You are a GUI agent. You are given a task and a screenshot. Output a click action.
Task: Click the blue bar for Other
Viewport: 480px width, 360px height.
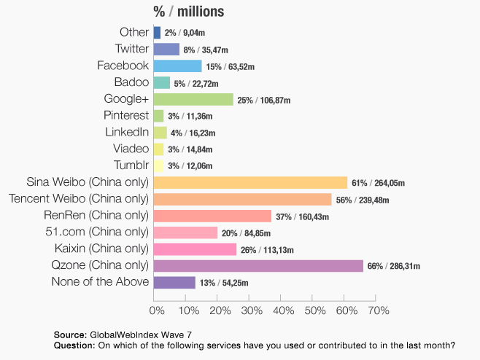(157, 33)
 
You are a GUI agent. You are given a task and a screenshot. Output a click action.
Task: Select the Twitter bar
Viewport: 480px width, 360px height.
(166, 50)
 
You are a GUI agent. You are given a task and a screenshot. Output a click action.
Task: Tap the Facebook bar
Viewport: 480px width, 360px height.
(177, 66)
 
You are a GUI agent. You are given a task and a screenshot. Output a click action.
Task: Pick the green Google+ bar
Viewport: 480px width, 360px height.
(193, 99)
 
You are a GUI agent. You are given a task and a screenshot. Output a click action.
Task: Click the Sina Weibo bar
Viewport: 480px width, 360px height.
(250, 182)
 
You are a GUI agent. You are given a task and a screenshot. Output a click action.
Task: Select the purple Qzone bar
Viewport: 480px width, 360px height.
(258, 265)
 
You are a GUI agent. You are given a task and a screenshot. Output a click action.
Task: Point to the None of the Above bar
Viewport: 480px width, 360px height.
(174, 282)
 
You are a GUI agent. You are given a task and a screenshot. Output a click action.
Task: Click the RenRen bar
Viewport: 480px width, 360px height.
(212, 216)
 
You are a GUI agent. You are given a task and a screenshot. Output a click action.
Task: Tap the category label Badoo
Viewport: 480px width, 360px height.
(131, 82)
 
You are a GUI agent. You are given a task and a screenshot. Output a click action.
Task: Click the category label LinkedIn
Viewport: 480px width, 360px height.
(128, 132)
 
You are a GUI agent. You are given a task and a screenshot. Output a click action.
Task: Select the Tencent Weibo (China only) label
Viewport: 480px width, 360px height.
(78, 198)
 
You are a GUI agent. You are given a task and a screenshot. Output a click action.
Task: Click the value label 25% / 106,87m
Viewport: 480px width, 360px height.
(265, 100)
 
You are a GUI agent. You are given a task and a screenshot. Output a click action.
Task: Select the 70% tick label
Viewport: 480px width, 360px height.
(378, 311)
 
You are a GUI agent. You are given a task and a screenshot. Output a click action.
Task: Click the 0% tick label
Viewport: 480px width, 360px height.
(156, 311)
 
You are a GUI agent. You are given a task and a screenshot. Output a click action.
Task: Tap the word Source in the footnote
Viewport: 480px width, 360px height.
(70, 334)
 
